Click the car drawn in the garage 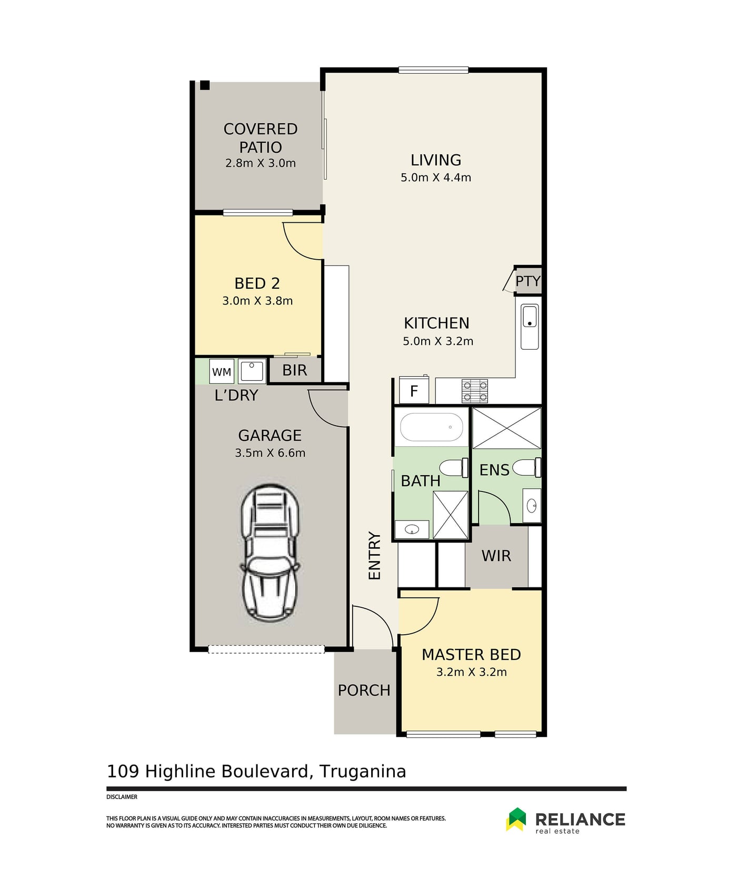point(270,552)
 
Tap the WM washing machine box point(222,371)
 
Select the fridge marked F point(414,390)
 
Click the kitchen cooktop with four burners point(475,391)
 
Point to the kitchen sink point(530,326)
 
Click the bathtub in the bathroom point(432,427)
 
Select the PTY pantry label point(527,281)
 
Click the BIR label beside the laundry point(294,370)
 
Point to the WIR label point(496,556)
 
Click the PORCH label point(364,690)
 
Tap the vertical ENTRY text point(374,556)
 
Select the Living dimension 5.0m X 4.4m point(436,178)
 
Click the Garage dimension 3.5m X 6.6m point(270,453)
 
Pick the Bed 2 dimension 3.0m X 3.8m point(257,301)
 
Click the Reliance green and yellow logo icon point(516,819)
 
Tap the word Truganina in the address point(363,771)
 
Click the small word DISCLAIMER point(122,797)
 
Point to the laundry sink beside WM point(252,371)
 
